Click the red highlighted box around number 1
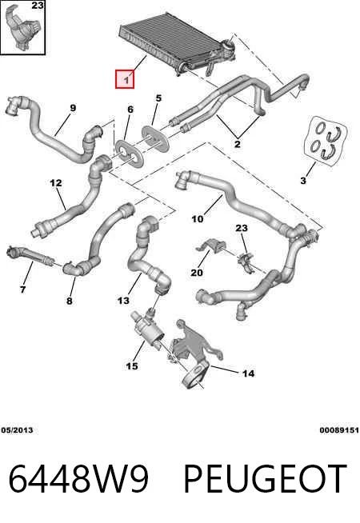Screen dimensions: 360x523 tap(125, 79)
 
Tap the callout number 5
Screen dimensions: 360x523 tap(158, 98)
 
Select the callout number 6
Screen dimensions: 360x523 tap(130, 110)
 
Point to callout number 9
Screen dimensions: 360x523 tap(73, 108)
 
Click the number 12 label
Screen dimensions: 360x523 tap(56, 183)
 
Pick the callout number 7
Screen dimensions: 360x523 tap(22, 289)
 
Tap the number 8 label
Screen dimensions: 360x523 tap(69, 301)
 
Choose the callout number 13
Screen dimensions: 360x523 tap(123, 301)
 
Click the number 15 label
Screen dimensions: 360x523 tap(132, 366)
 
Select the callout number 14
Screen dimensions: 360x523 tap(248, 373)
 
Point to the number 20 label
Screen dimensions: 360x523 tap(197, 273)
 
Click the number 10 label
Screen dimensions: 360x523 tap(197, 219)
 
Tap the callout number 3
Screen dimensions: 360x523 tap(303, 181)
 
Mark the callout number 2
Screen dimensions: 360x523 tap(238, 144)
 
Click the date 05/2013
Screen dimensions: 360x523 tap(17, 430)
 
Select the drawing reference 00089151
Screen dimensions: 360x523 tap(339, 430)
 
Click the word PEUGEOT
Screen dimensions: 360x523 tap(266, 479)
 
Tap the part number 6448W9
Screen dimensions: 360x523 tap(78, 479)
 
